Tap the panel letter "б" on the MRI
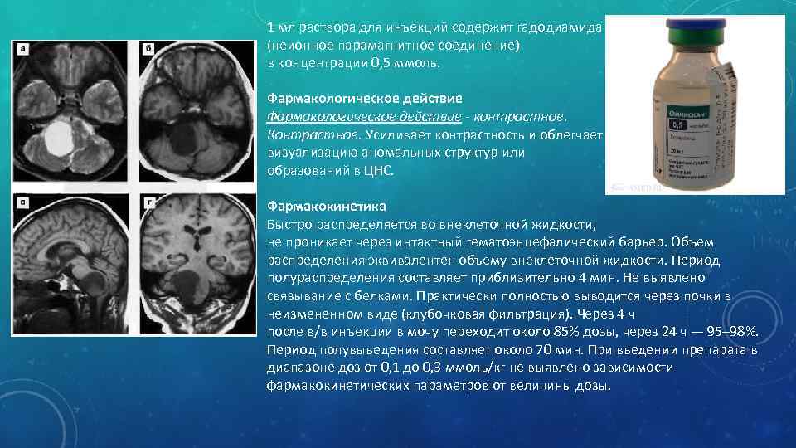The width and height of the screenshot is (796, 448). click(148, 50)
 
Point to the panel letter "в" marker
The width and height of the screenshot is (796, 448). click(22, 202)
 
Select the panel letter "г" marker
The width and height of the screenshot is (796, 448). click(148, 202)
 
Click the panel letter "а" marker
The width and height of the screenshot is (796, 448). click(22, 50)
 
